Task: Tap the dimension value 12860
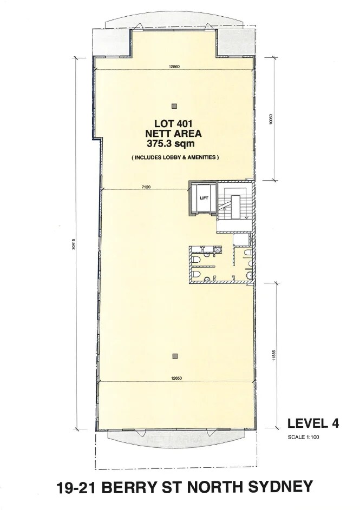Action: pyautogui.click(x=174, y=67)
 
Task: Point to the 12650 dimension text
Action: pyautogui.click(x=174, y=379)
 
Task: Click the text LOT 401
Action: pyautogui.click(x=174, y=123)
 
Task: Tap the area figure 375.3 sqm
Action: pyautogui.click(x=174, y=144)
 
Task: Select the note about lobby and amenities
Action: pyautogui.click(x=174, y=157)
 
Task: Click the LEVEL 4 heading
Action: pyautogui.click(x=312, y=423)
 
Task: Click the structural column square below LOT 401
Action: pyautogui.click(x=174, y=105)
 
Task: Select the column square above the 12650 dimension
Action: pyautogui.click(x=174, y=355)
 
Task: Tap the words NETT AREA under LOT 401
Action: pyautogui.click(x=174, y=133)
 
